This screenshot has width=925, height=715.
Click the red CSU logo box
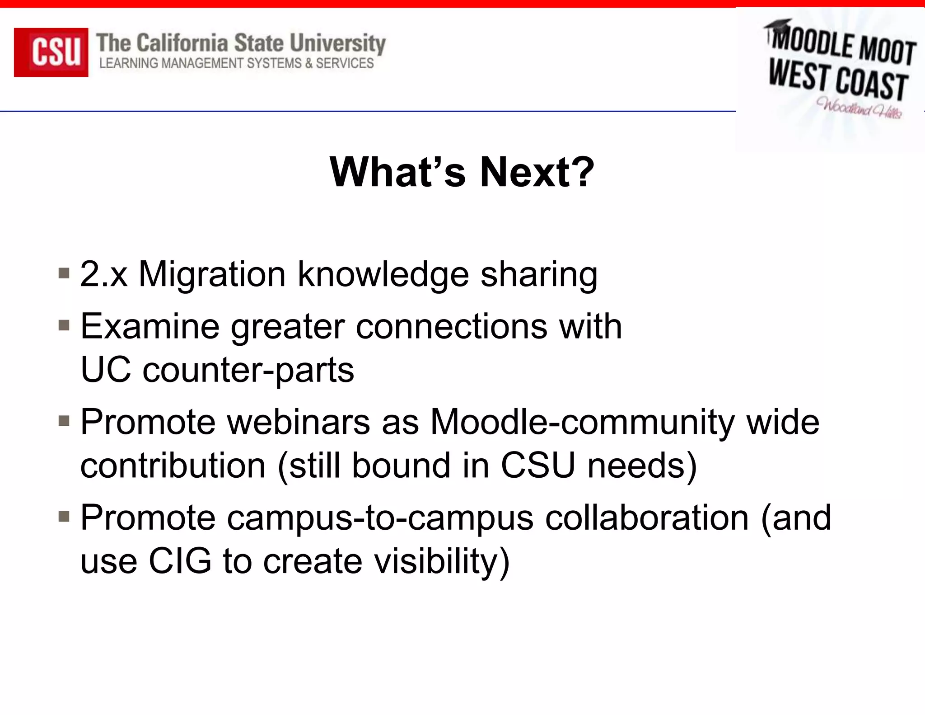tap(51, 52)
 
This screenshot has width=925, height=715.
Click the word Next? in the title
tap(537, 172)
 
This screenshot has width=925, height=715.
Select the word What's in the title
tap(397, 172)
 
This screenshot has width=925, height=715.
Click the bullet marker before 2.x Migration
tap(64, 274)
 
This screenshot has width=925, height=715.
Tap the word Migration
tap(212, 274)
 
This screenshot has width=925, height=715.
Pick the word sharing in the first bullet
tap(539, 275)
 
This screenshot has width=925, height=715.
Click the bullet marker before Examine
tap(64, 325)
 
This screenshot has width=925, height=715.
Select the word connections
tap(451, 326)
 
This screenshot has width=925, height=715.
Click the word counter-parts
tap(248, 370)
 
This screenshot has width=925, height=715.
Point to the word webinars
tap(298, 422)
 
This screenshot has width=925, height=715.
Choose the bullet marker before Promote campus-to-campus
tap(64, 517)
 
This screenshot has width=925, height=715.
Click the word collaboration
tap(647, 517)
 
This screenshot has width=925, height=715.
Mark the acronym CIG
tap(180, 561)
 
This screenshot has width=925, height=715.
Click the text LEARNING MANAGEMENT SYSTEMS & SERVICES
tap(236, 63)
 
